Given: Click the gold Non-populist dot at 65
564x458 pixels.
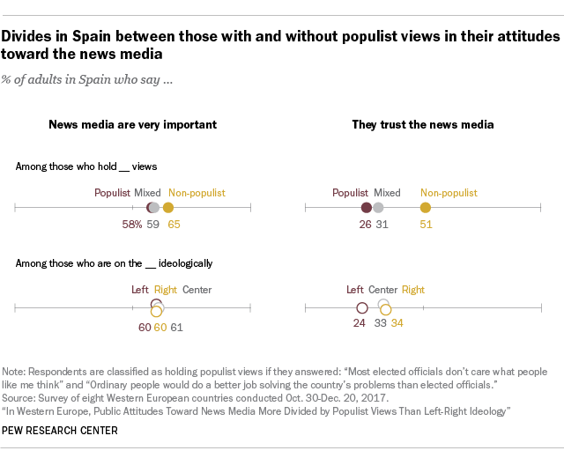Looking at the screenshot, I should click(x=168, y=208).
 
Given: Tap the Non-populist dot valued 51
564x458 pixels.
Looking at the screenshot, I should click(x=426, y=208).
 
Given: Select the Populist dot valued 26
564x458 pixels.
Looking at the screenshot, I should click(x=367, y=208).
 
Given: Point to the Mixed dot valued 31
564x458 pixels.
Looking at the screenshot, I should click(x=378, y=208).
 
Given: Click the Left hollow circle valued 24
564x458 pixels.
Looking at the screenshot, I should click(x=361, y=307).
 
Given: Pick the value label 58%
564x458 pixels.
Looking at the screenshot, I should click(x=130, y=225).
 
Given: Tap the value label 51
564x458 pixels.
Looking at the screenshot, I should click(x=426, y=225).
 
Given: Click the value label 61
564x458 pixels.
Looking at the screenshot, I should click(x=176, y=327).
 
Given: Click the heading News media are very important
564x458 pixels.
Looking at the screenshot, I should click(x=132, y=125).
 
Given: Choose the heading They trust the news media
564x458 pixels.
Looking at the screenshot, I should click(x=422, y=125).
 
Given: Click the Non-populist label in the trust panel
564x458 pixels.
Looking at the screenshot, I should click(x=449, y=192).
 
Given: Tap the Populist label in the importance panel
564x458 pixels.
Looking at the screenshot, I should click(x=112, y=192).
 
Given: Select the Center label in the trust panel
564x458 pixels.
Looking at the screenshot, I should click(x=382, y=289).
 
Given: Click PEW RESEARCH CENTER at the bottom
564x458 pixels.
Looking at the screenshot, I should click(x=61, y=431).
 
